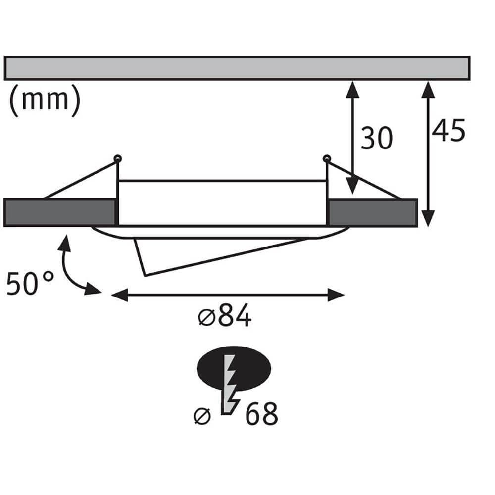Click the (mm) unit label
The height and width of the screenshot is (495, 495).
click(x=45, y=99)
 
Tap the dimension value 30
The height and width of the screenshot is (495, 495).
click(x=376, y=138)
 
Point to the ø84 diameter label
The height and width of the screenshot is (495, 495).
click(x=225, y=317)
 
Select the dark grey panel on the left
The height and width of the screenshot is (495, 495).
click(x=59, y=212)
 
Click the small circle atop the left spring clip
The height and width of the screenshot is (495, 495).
click(x=117, y=158)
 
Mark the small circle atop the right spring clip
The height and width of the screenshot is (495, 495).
click(x=326, y=158)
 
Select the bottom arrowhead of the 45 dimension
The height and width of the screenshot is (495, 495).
click(x=429, y=218)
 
